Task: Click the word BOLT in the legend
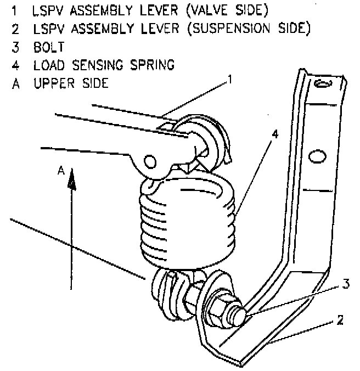tap(48, 47)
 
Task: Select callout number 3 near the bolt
tap(345, 284)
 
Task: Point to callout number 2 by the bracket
tap(340, 320)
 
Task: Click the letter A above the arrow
tap(61, 171)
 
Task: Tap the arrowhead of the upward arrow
tap(70, 184)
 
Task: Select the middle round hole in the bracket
tap(316, 156)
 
